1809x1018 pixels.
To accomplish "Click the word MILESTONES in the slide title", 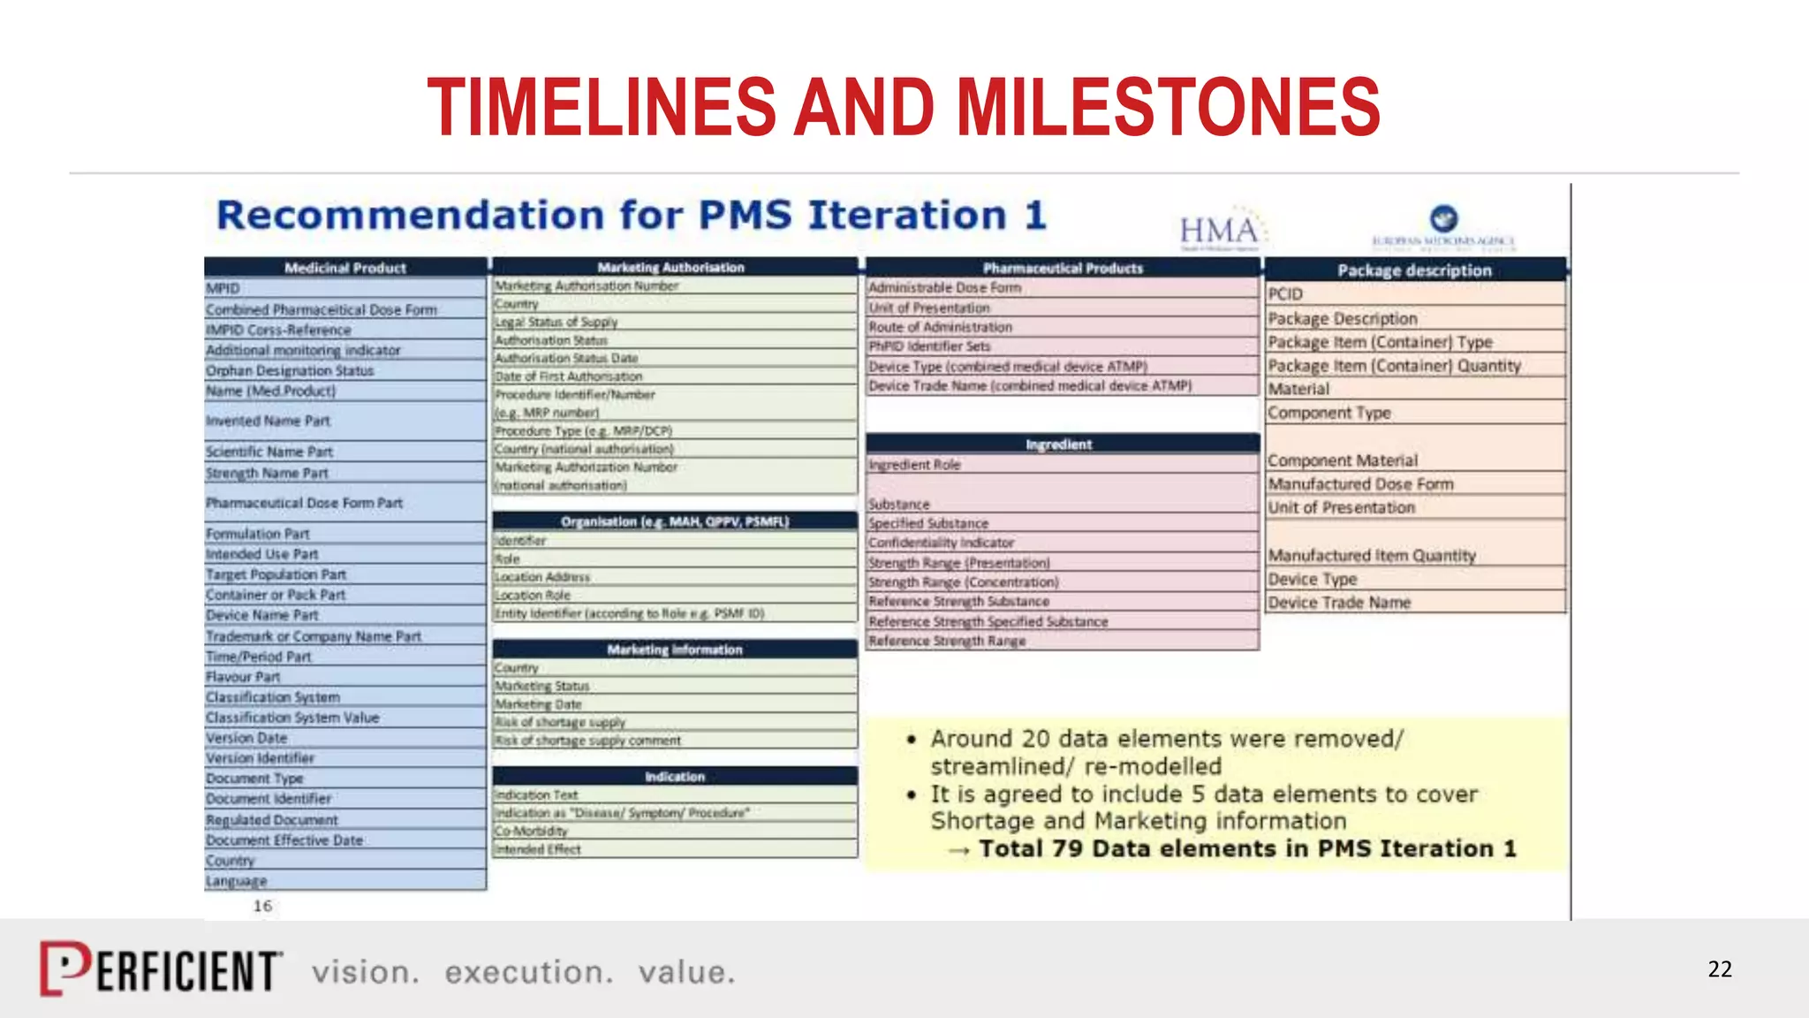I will coord(1168,107).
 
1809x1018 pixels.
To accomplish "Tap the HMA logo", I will coord(1221,232).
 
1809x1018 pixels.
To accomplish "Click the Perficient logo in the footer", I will coord(162,969).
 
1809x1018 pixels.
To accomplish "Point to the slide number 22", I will coord(1719,969).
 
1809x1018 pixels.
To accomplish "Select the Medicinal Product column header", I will coord(345,268).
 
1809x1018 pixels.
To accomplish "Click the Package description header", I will coord(1414,270).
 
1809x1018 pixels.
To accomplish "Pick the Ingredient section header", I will coord(1059,444).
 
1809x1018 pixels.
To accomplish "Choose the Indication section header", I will coord(675,777).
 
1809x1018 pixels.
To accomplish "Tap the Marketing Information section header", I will coord(675,650).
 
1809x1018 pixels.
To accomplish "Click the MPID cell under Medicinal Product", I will coord(223,288).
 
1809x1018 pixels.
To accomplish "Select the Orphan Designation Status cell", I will coord(291,371).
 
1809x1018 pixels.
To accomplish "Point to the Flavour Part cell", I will coord(243,677).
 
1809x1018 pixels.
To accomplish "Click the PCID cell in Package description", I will coord(1286,294).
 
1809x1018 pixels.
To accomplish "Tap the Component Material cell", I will coord(1343,460).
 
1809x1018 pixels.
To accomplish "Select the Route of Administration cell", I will coord(941,327).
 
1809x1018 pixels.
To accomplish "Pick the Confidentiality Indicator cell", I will coord(941,543).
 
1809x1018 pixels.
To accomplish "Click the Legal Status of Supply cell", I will coord(556,323).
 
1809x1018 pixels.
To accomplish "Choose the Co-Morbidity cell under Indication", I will coord(531,831).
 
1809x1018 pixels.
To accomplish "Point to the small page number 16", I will coord(262,906).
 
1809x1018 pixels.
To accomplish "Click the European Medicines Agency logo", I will coord(1443,226).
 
